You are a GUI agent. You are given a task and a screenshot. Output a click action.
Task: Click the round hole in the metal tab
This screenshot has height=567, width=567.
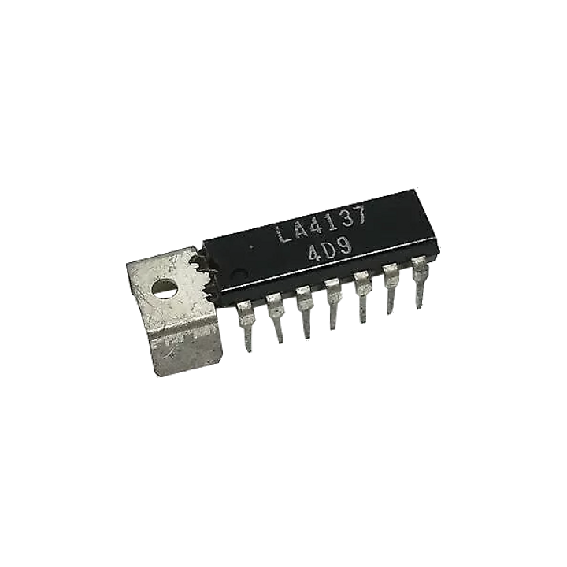tap(165, 288)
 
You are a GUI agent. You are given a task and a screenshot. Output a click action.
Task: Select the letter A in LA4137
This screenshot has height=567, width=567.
tap(300, 232)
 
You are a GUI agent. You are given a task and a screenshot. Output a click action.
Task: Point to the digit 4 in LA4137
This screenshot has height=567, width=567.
tap(317, 228)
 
